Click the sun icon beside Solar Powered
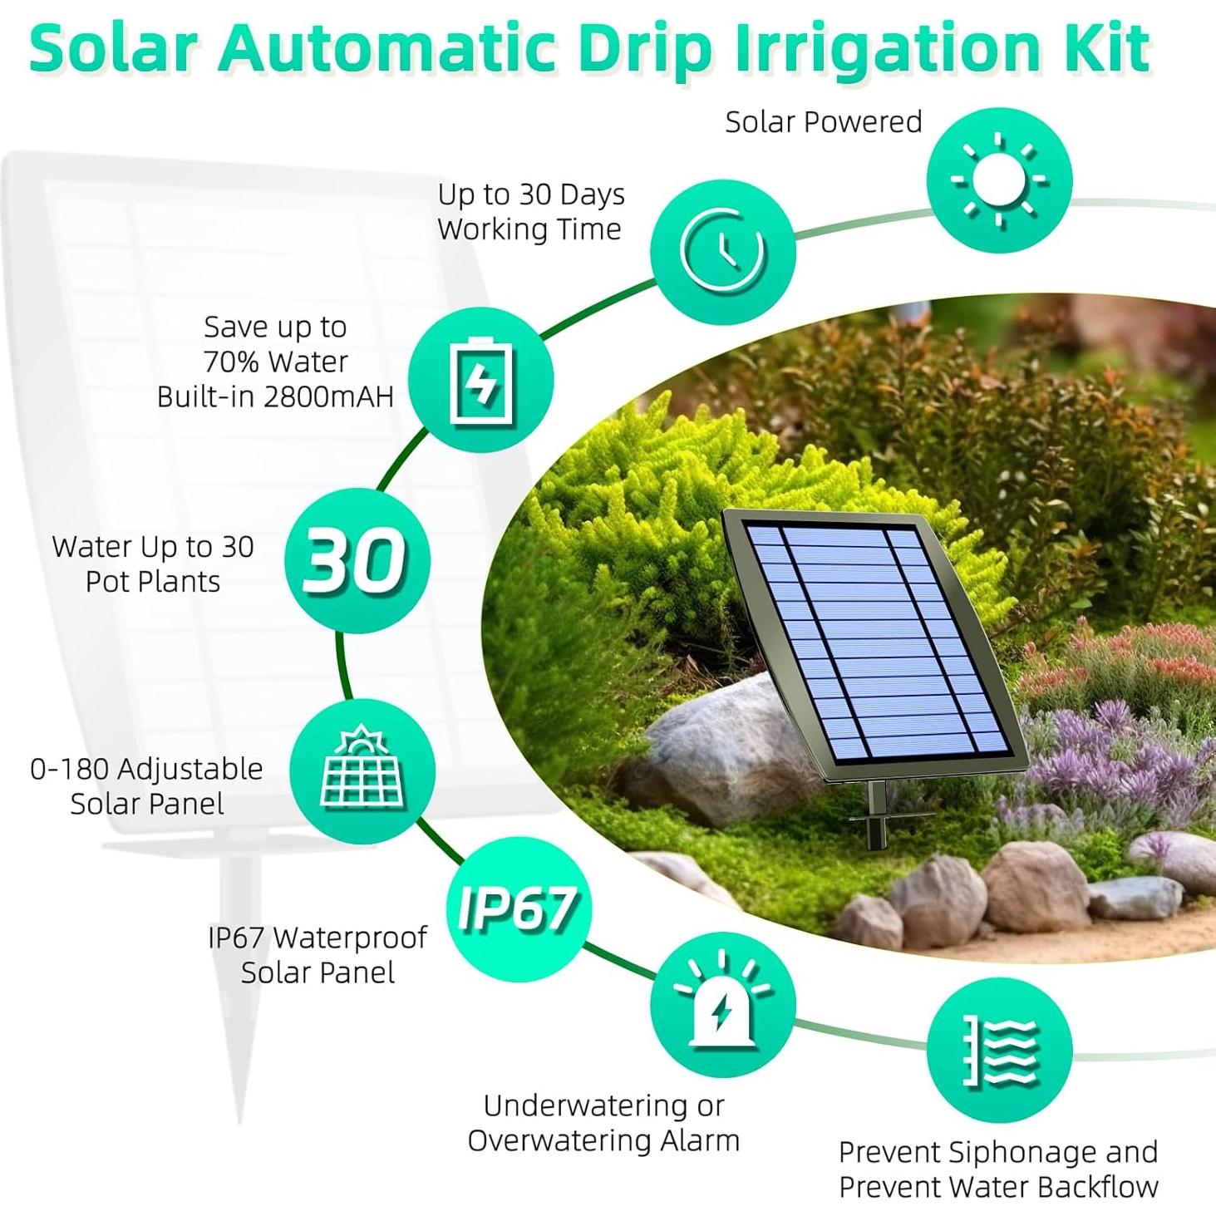(999, 180)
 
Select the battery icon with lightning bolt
(481, 380)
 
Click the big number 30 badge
(357, 560)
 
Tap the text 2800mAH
(328, 397)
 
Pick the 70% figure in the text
(232, 362)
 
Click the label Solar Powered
(824, 122)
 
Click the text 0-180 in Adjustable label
(69, 769)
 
